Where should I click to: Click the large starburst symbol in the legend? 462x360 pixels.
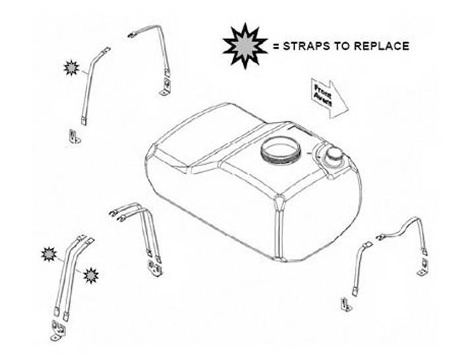click(245, 45)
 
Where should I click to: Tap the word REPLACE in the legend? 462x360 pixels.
click(381, 46)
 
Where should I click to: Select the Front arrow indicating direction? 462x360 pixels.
click(329, 98)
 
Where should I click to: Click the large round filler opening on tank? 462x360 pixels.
click(280, 150)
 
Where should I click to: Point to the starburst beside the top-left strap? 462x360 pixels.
click(71, 68)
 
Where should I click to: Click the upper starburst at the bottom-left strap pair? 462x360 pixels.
click(49, 254)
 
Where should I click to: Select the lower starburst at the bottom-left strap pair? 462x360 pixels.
click(91, 276)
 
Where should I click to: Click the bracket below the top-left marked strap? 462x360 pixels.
click(75, 136)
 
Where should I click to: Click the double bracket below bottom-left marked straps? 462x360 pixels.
click(58, 330)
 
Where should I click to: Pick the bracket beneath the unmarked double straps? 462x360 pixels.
click(155, 268)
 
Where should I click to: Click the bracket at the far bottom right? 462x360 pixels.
click(346, 305)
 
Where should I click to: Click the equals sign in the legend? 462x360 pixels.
click(276, 46)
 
